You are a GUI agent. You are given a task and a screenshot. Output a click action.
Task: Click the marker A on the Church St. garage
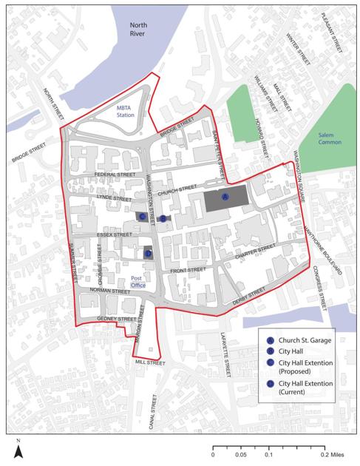[x=225, y=196]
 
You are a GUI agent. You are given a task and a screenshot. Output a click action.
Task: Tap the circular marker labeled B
[x=163, y=218]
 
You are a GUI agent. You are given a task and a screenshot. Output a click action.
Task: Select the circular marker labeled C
[x=143, y=216]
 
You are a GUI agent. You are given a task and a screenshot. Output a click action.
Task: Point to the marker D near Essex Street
[x=148, y=253]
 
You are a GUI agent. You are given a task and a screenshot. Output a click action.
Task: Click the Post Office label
[x=138, y=280]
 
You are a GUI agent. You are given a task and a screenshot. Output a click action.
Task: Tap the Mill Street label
[x=150, y=362]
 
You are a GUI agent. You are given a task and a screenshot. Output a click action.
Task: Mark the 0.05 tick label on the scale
[x=241, y=456]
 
